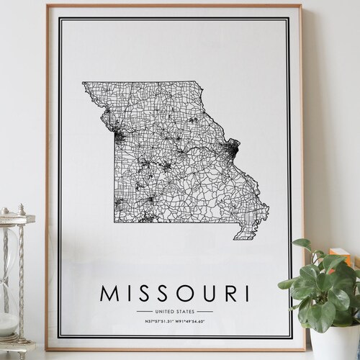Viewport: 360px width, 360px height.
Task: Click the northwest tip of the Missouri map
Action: (84, 83)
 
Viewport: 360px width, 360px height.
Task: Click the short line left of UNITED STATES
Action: (143, 311)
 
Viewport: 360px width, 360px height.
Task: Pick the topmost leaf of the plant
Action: (302, 245)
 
